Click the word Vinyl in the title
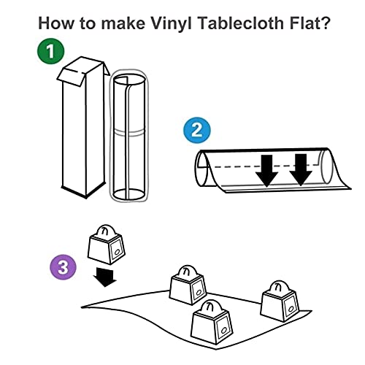(172, 23)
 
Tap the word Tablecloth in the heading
(241, 23)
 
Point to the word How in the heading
(56, 23)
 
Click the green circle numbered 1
(50, 51)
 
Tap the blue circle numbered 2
(197, 130)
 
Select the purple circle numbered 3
(64, 267)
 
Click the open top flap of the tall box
(71, 76)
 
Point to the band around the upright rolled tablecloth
(128, 132)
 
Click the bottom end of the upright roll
(128, 194)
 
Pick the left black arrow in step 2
(266, 171)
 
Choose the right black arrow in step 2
(301, 170)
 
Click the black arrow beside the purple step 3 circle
(104, 277)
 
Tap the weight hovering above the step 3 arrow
(106, 245)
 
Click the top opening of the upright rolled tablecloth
(129, 80)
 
